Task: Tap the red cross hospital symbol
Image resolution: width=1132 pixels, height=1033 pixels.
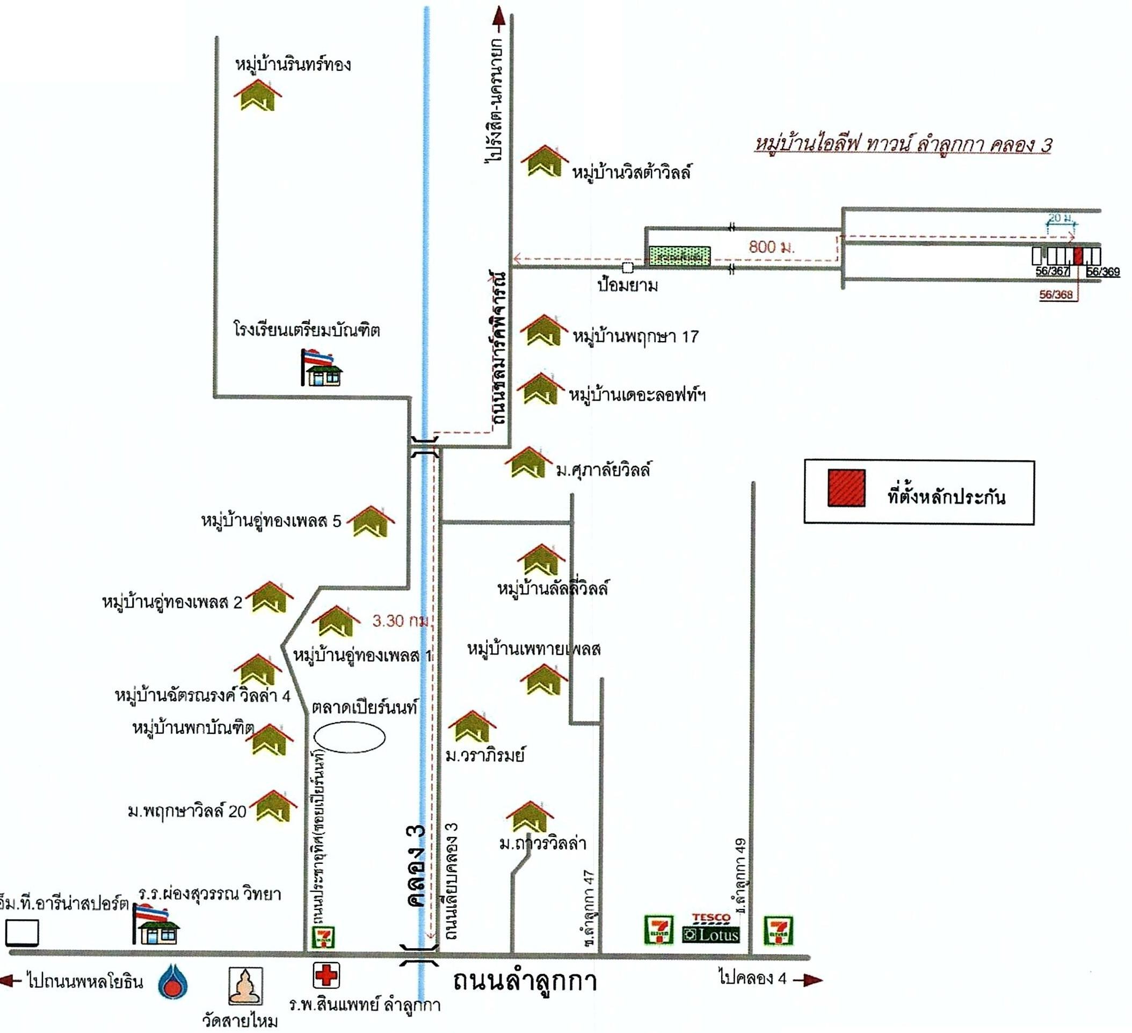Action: (x=325, y=976)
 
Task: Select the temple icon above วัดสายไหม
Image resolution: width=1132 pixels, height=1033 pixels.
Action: (x=245, y=986)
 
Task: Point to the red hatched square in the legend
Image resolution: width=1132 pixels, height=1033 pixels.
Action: (x=846, y=488)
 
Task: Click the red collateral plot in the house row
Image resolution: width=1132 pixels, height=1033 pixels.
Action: (x=1078, y=256)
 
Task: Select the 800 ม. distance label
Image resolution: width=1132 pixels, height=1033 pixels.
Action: (x=772, y=247)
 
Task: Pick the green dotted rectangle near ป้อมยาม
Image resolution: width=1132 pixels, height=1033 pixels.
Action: (x=679, y=256)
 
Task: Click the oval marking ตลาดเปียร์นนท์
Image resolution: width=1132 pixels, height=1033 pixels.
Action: (x=349, y=737)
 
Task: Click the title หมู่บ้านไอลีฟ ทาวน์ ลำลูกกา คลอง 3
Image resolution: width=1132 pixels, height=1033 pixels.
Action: (x=902, y=145)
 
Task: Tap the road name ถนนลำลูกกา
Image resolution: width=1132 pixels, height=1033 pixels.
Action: (x=525, y=981)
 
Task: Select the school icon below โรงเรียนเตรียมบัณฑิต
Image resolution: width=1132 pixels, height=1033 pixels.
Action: (x=322, y=368)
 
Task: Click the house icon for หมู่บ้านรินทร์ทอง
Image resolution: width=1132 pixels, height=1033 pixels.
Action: (x=258, y=95)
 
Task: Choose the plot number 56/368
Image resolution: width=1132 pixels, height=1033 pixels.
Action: (x=1056, y=295)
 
